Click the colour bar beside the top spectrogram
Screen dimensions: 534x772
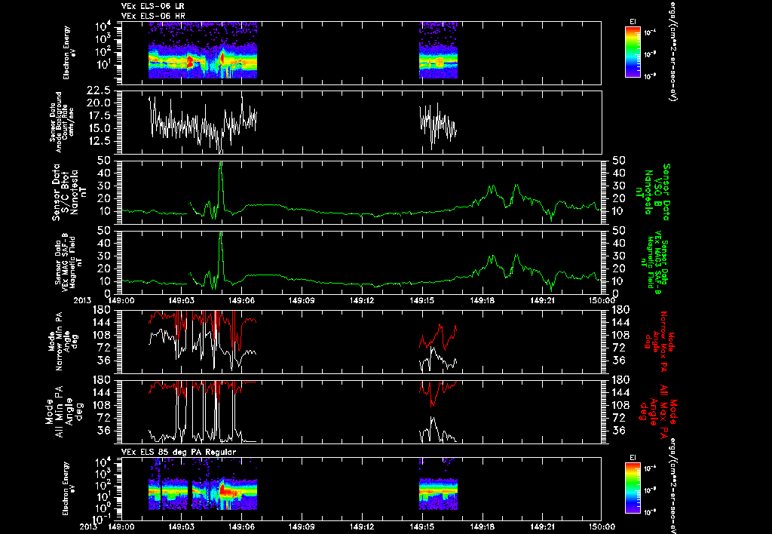click(x=633, y=51)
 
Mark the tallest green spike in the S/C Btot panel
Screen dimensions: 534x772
click(x=220, y=164)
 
